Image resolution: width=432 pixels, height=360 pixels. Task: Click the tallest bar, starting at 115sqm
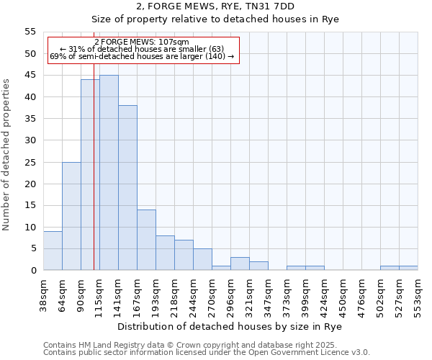pos(109,173)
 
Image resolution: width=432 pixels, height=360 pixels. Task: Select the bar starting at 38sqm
pos(53,251)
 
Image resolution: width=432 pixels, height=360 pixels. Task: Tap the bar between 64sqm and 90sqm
pos(71,216)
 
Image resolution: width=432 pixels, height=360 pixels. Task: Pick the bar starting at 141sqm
pos(127,188)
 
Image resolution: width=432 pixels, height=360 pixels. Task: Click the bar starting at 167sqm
pos(146,240)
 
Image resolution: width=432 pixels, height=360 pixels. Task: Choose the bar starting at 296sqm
pos(240,264)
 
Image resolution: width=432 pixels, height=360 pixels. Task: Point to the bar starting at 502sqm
pos(390,268)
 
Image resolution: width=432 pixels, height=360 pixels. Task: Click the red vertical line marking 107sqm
pos(94,180)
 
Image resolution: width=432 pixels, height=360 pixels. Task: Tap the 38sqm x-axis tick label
pos(43,294)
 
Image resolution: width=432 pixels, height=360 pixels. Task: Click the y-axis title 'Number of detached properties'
pos(7,154)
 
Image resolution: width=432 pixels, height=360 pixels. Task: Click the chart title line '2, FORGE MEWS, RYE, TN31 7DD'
pos(215,7)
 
